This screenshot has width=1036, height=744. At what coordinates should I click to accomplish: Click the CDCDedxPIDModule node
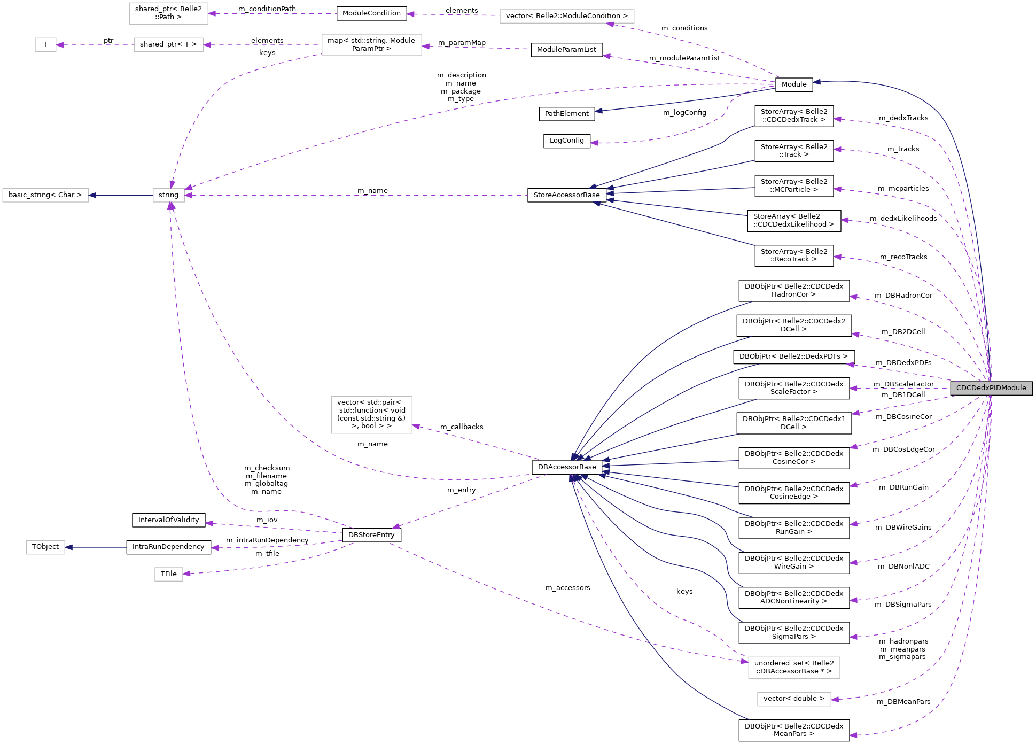click(x=991, y=388)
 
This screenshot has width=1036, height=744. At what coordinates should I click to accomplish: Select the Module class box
click(x=794, y=84)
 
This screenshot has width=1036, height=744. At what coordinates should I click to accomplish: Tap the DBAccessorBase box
click(x=567, y=467)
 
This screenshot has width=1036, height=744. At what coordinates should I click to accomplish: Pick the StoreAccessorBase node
click(x=567, y=195)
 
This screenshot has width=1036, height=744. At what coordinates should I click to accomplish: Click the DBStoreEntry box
click(x=371, y=535)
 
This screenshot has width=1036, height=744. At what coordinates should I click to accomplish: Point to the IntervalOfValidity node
click(x=168, y=520)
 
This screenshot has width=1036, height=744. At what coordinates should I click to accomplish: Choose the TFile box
click(x=169, y=574)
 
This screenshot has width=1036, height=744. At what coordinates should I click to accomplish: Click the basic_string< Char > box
click(x=45, y=195)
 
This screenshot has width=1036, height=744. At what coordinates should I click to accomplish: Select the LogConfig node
click(x=567, y=141)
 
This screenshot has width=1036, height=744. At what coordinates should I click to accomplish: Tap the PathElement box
click(x=567, y=114)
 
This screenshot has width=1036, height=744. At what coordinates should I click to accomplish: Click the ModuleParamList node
click(x=567, y=50)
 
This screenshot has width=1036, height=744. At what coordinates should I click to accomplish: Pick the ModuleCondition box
click(x=371, y=13)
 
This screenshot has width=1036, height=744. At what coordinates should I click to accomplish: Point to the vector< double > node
click(x=794, y=699)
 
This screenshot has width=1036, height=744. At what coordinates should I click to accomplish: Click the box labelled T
click(x=45, y=44)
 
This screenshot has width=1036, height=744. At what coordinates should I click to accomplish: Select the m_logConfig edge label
click(x=684, y=113)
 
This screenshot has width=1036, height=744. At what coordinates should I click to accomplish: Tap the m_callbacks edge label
click(x=462, y=427)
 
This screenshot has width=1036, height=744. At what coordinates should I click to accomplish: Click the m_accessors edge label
click(x=568, y=588)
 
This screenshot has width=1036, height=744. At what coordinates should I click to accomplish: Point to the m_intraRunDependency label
click(x=267, y=540)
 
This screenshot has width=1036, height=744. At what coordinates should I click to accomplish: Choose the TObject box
click(x=45, y=547)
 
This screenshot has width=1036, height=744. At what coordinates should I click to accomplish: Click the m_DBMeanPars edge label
click(x=903, y=702)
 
